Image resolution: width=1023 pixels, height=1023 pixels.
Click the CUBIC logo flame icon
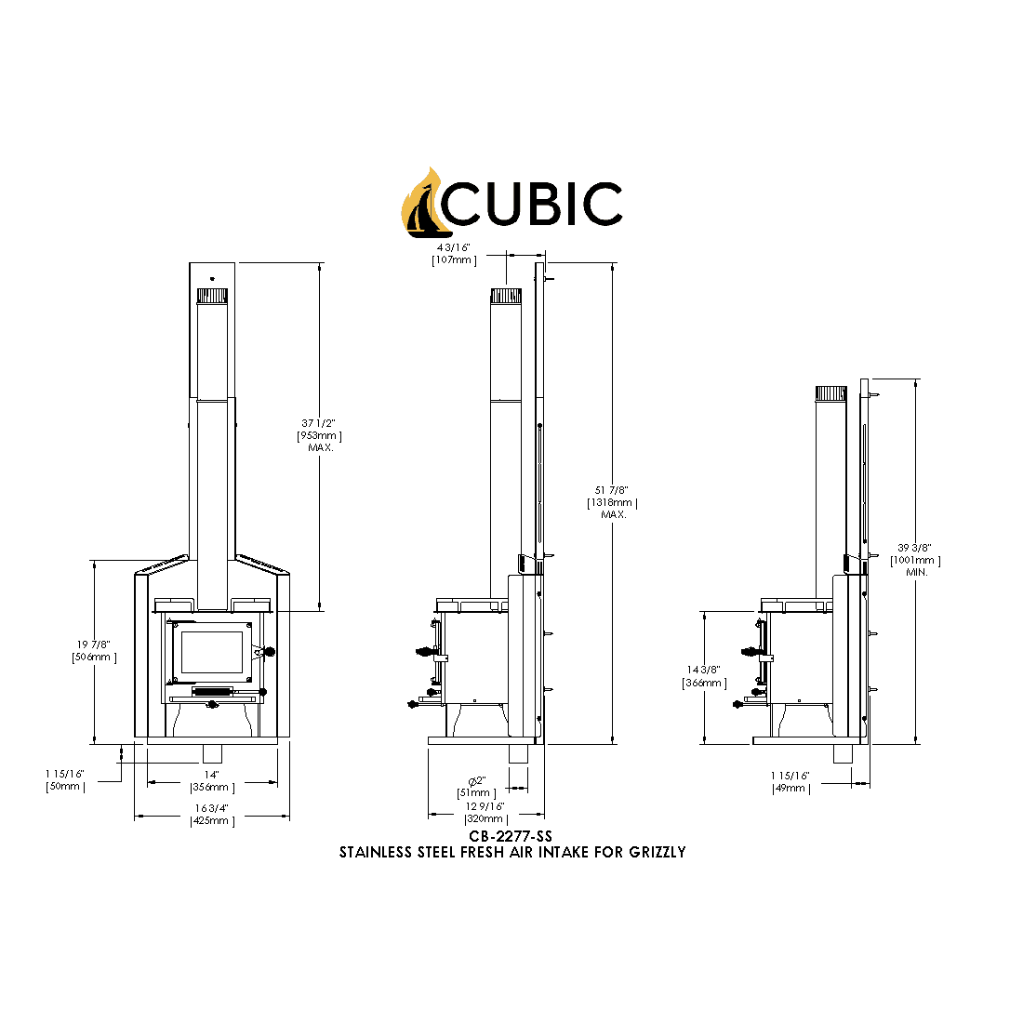(x=421, y=203)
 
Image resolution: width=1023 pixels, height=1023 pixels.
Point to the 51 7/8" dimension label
(x=612, y=490)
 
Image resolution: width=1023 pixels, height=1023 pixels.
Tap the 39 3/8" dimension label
(x=915, y=548)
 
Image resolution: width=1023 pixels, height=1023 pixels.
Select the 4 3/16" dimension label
(x=454, y=248)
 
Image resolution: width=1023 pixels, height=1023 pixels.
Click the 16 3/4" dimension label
(x=212, y=808)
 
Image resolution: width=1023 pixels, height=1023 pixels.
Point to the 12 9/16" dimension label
(x=485, y=806)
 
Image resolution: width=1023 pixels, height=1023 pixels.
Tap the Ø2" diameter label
(x=476, y=779)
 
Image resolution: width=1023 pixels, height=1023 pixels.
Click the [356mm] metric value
(x=212, y=787)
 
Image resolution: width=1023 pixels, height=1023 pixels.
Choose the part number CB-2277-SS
(x=511, y=837)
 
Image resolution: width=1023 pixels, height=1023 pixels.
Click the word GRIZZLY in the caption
(x=657, y=852)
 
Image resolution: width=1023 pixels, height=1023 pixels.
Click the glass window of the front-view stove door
(x=213, y=652)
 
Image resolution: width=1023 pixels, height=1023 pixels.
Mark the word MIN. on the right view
(x=916, y=572)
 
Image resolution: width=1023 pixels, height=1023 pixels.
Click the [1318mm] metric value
(x=612, y=502)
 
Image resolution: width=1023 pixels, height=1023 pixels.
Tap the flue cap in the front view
(x=212, y=296)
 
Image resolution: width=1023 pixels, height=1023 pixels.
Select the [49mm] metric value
(x=790, y=788)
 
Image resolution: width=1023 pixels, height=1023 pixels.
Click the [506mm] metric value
(x=94, y=658)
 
